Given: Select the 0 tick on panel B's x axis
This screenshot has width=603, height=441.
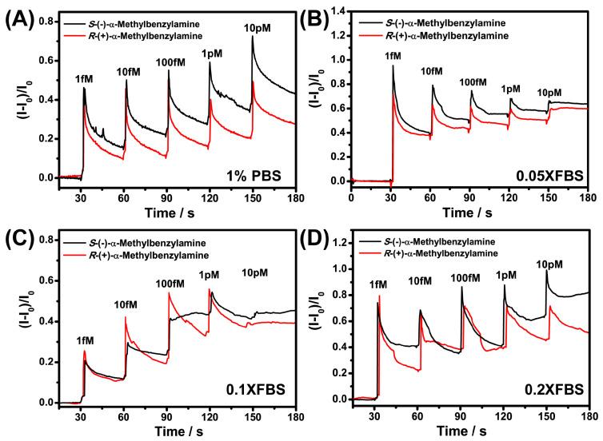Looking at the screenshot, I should (352, 197).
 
